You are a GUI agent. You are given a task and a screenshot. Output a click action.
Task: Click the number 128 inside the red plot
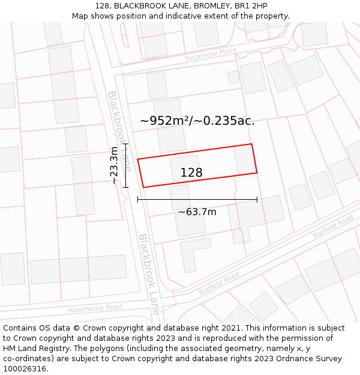click(191, 173)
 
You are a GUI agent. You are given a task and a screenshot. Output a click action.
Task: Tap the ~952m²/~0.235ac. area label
click(197, 121)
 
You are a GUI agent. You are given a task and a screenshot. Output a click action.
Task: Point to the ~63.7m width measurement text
click(197, 211)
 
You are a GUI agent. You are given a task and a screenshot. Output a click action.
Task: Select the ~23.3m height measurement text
click(114, 165)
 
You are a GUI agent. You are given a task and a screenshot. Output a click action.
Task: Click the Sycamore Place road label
click(211, 55)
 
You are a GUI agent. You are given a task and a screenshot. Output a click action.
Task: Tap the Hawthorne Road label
click(95, 308)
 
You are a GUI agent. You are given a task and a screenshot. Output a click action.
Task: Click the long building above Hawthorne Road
click(78, 269)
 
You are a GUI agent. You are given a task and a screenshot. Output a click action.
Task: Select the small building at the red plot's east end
click(244, 160)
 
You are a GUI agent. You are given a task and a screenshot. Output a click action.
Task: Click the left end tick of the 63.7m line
click(138, 200)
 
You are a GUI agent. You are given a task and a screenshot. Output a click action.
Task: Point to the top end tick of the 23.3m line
click(125, 144)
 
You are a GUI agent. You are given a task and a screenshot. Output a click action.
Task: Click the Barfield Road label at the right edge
click(333, 228)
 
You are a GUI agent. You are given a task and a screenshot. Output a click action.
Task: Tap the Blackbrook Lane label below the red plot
click(149, 273)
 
